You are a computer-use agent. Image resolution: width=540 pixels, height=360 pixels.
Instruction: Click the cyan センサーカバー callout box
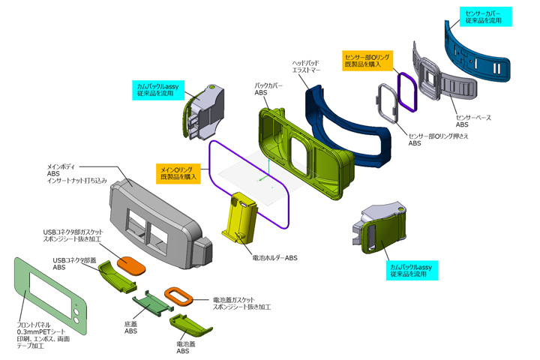pos(484,17)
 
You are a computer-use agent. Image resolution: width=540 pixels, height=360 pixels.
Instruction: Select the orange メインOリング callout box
pos(180,173)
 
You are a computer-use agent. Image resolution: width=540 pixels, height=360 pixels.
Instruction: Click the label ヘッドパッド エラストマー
pos(308,67)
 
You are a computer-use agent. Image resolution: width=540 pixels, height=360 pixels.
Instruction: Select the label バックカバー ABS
pos(268,89)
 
